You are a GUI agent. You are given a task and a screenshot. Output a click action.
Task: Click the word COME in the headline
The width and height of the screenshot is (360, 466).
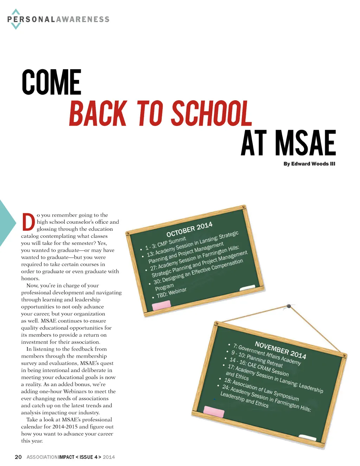pyautogui.click(x=51, y=82)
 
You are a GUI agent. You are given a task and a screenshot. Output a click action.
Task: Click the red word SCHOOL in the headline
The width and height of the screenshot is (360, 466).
pyautogui.click(x=212, y=113)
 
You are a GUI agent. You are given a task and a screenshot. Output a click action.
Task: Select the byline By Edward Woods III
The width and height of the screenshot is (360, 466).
pyautogui.click(x=309, y=164)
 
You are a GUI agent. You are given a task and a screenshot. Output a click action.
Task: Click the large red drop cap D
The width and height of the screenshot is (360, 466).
pyautogui.click(x=28, y=222)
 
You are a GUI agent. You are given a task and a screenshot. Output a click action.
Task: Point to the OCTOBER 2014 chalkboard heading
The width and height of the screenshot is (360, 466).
pyautogui.click(x=189, y=229)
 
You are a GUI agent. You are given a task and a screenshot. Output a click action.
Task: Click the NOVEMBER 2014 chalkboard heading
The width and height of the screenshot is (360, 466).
pyautogui.click(x=280, y=350)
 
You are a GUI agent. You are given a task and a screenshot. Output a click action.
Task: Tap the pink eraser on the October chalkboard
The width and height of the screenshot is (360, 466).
pyautogui.click(x=161, y=305)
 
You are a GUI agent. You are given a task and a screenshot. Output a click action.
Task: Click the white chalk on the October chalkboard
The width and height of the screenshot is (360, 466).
pyautogui.click(x=247, y=288)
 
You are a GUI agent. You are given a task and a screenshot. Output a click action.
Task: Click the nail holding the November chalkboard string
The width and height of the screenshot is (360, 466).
pyautogui.click(x=289, y=306)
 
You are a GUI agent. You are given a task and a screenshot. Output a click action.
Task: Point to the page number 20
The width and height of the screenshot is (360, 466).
pyautogui.click(x=18, y=457)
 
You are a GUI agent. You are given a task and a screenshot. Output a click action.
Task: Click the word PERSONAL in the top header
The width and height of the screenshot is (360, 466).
pyautogui.click(x=31, y=19)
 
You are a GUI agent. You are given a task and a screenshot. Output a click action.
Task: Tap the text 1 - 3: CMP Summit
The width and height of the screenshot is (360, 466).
pyautogui.click(x=165, y=243)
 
